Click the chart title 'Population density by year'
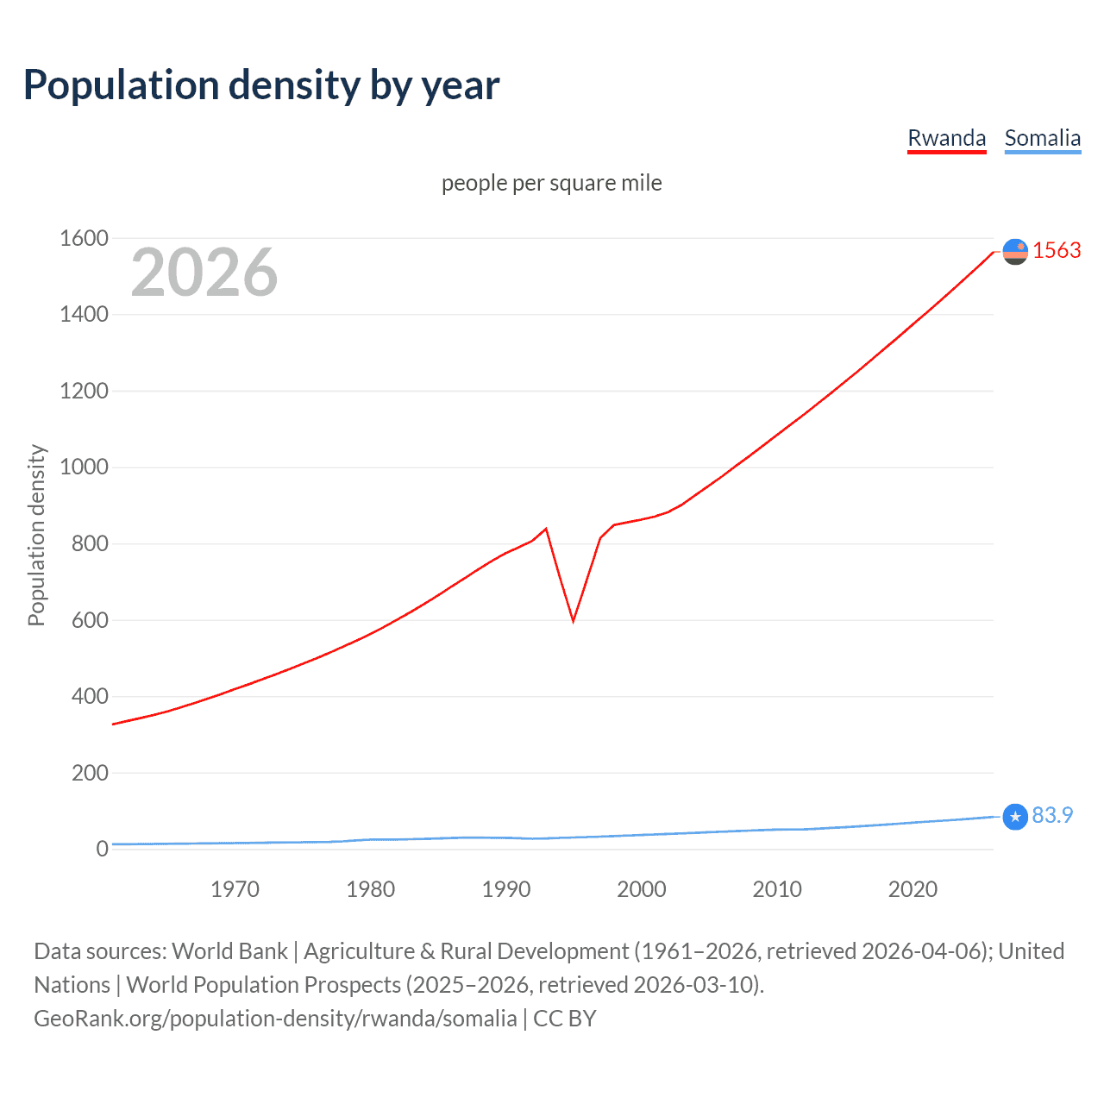pyautogui.click(x=261, y=85)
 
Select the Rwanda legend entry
pyautogui.click(x=946, y=138)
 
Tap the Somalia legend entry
pyautogui.click(x=1042, y=138)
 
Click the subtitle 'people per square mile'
pyautogui.click(x=551, y=183)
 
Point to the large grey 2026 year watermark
pyautogui.click(x=204, y=273)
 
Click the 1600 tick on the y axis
pyautogui.click(x=84, y=238)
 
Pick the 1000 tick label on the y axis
pyautogui.click(x=84, y=467)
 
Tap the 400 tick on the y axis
pyautogui.click(x=90, y=696)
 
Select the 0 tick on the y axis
pyautogui.click(x=102, y=849)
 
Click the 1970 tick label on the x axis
pyautogui.click(x=235, y=889)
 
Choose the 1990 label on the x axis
pyautogui.click(x=506, y=889)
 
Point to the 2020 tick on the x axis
pyautogui.click(x=913, y=889)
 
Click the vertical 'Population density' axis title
pyautogui.click(x=36, y=535)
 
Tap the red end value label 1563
pyautogui.click(x=1057, y=250)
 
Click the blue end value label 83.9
pyautogui.click(x=1052, y=815)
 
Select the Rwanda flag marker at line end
pyautogui.click(x=1015, y=251)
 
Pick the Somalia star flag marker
pyautogui.click(x=1015, y=816)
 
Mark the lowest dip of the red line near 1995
pyautogui.click(x=573, y=620)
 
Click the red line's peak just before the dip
pyautogui.click(x=546, y=529)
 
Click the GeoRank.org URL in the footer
pyautogui.click(x=275, y=1019)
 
